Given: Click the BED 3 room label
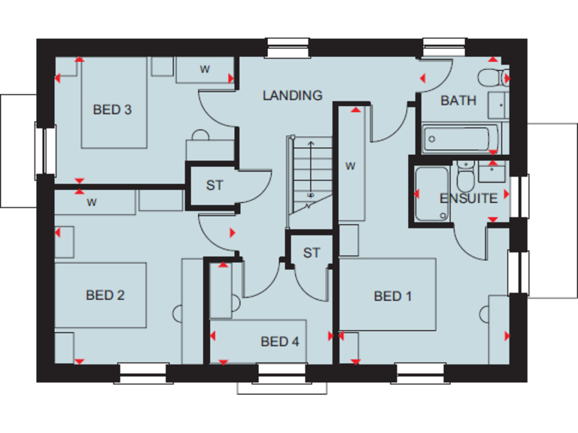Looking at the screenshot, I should click(x=112, y=110).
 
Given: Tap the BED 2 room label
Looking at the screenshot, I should click(x=105, y=295).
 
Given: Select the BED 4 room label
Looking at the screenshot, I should click(x=280, y=342).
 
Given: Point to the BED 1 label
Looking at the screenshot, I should click(x=393, y=296).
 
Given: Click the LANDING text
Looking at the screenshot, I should click(x=292, y=95).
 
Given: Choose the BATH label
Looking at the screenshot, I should click(x=458, y=101).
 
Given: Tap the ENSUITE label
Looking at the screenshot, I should click(x=468, y=198).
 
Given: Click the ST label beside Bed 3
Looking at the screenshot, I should click(x=214, y=185).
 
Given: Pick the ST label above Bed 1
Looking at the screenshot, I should click(x=312, y=253).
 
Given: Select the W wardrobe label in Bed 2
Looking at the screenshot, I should click(x=92, y=202).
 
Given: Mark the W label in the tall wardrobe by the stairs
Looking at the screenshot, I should click(x=350, y=166).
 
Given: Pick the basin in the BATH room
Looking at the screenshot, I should click(x=497, y=104).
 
